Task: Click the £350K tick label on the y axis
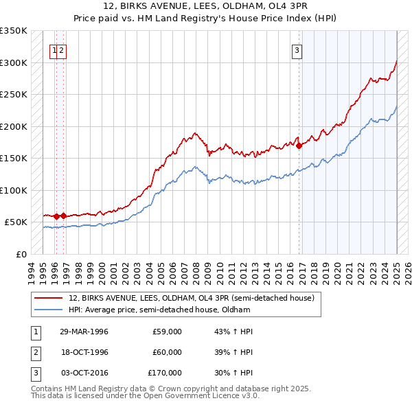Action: point(13,31)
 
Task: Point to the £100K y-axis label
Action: point(13,190)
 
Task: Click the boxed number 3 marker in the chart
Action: point(297,49)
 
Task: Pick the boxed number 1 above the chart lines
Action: point(54,49)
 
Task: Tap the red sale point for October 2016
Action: point(299,146)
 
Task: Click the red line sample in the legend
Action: point(48,298)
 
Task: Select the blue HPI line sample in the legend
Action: point(48,310)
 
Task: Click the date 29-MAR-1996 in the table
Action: point(84,332)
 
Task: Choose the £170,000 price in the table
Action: point(165,373)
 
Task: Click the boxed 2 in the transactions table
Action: point(34,352)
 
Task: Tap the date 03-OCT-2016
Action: point(84,373)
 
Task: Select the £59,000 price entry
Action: point(168,332)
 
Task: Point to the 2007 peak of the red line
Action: point(195,133)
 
